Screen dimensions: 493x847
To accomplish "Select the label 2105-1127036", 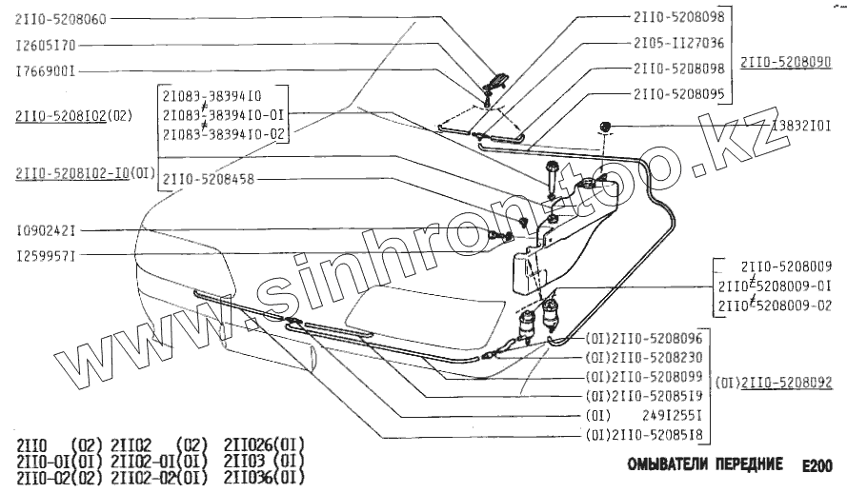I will (678, 43).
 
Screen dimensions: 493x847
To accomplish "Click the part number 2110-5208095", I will (678, 94).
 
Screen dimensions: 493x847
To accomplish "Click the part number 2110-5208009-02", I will (772, 305).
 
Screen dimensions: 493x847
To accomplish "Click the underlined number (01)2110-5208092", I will (774, 384).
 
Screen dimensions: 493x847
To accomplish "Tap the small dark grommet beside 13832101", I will (604, 126).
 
